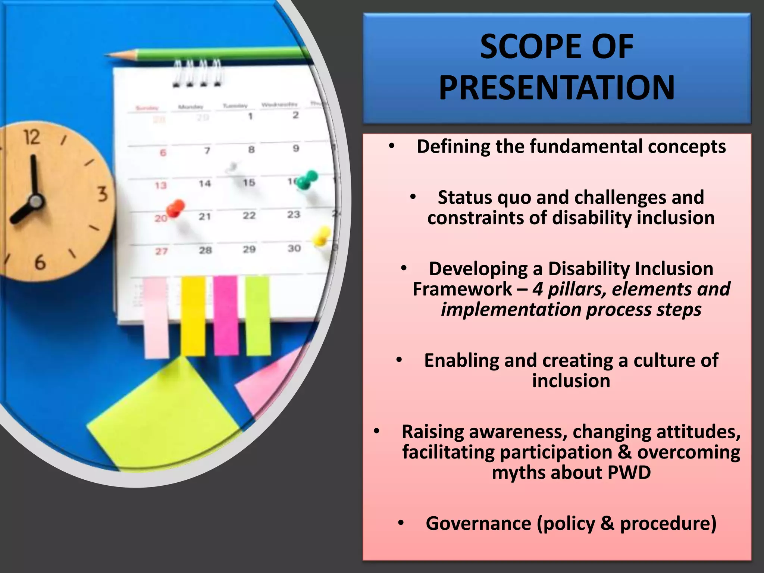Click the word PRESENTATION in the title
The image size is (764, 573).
click(x=557, y=88)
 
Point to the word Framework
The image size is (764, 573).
click(x=462, y=289)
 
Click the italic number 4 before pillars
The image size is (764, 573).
click(x=537, y=289)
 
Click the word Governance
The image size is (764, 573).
click(x=478, y=523)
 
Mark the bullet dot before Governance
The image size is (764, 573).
click(x=400, y=523)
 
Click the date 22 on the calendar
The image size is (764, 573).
click(x=249, y=216)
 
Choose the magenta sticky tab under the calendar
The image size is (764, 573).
click(x=226, y=315)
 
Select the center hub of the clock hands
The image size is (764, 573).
click(x=36, y=201)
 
